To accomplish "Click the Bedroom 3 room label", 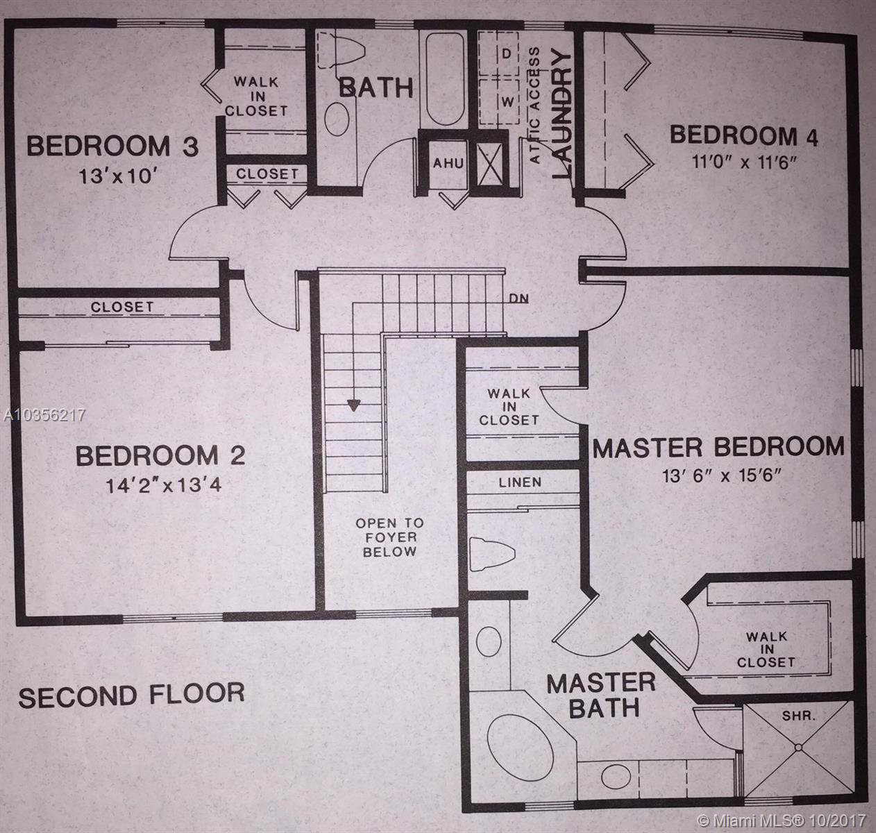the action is [112, 146].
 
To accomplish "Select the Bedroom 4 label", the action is [743, 135].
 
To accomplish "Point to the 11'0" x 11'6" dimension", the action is [743, 162].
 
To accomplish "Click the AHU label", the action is [448, 163].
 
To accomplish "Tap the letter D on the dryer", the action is [507, 54].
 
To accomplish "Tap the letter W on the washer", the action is [507, 102].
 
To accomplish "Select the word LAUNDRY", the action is [562, 115].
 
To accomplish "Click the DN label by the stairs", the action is [519, 298].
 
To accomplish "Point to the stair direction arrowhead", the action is [354, 405].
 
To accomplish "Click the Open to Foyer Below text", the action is [389, 537].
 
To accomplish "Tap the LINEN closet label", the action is [520, 482].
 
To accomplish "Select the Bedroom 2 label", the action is [160, 455].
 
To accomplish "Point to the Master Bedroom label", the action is [718, 447].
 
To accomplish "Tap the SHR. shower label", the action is [798, 716].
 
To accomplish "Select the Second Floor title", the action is [131, 695].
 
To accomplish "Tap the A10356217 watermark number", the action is [44, 415].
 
